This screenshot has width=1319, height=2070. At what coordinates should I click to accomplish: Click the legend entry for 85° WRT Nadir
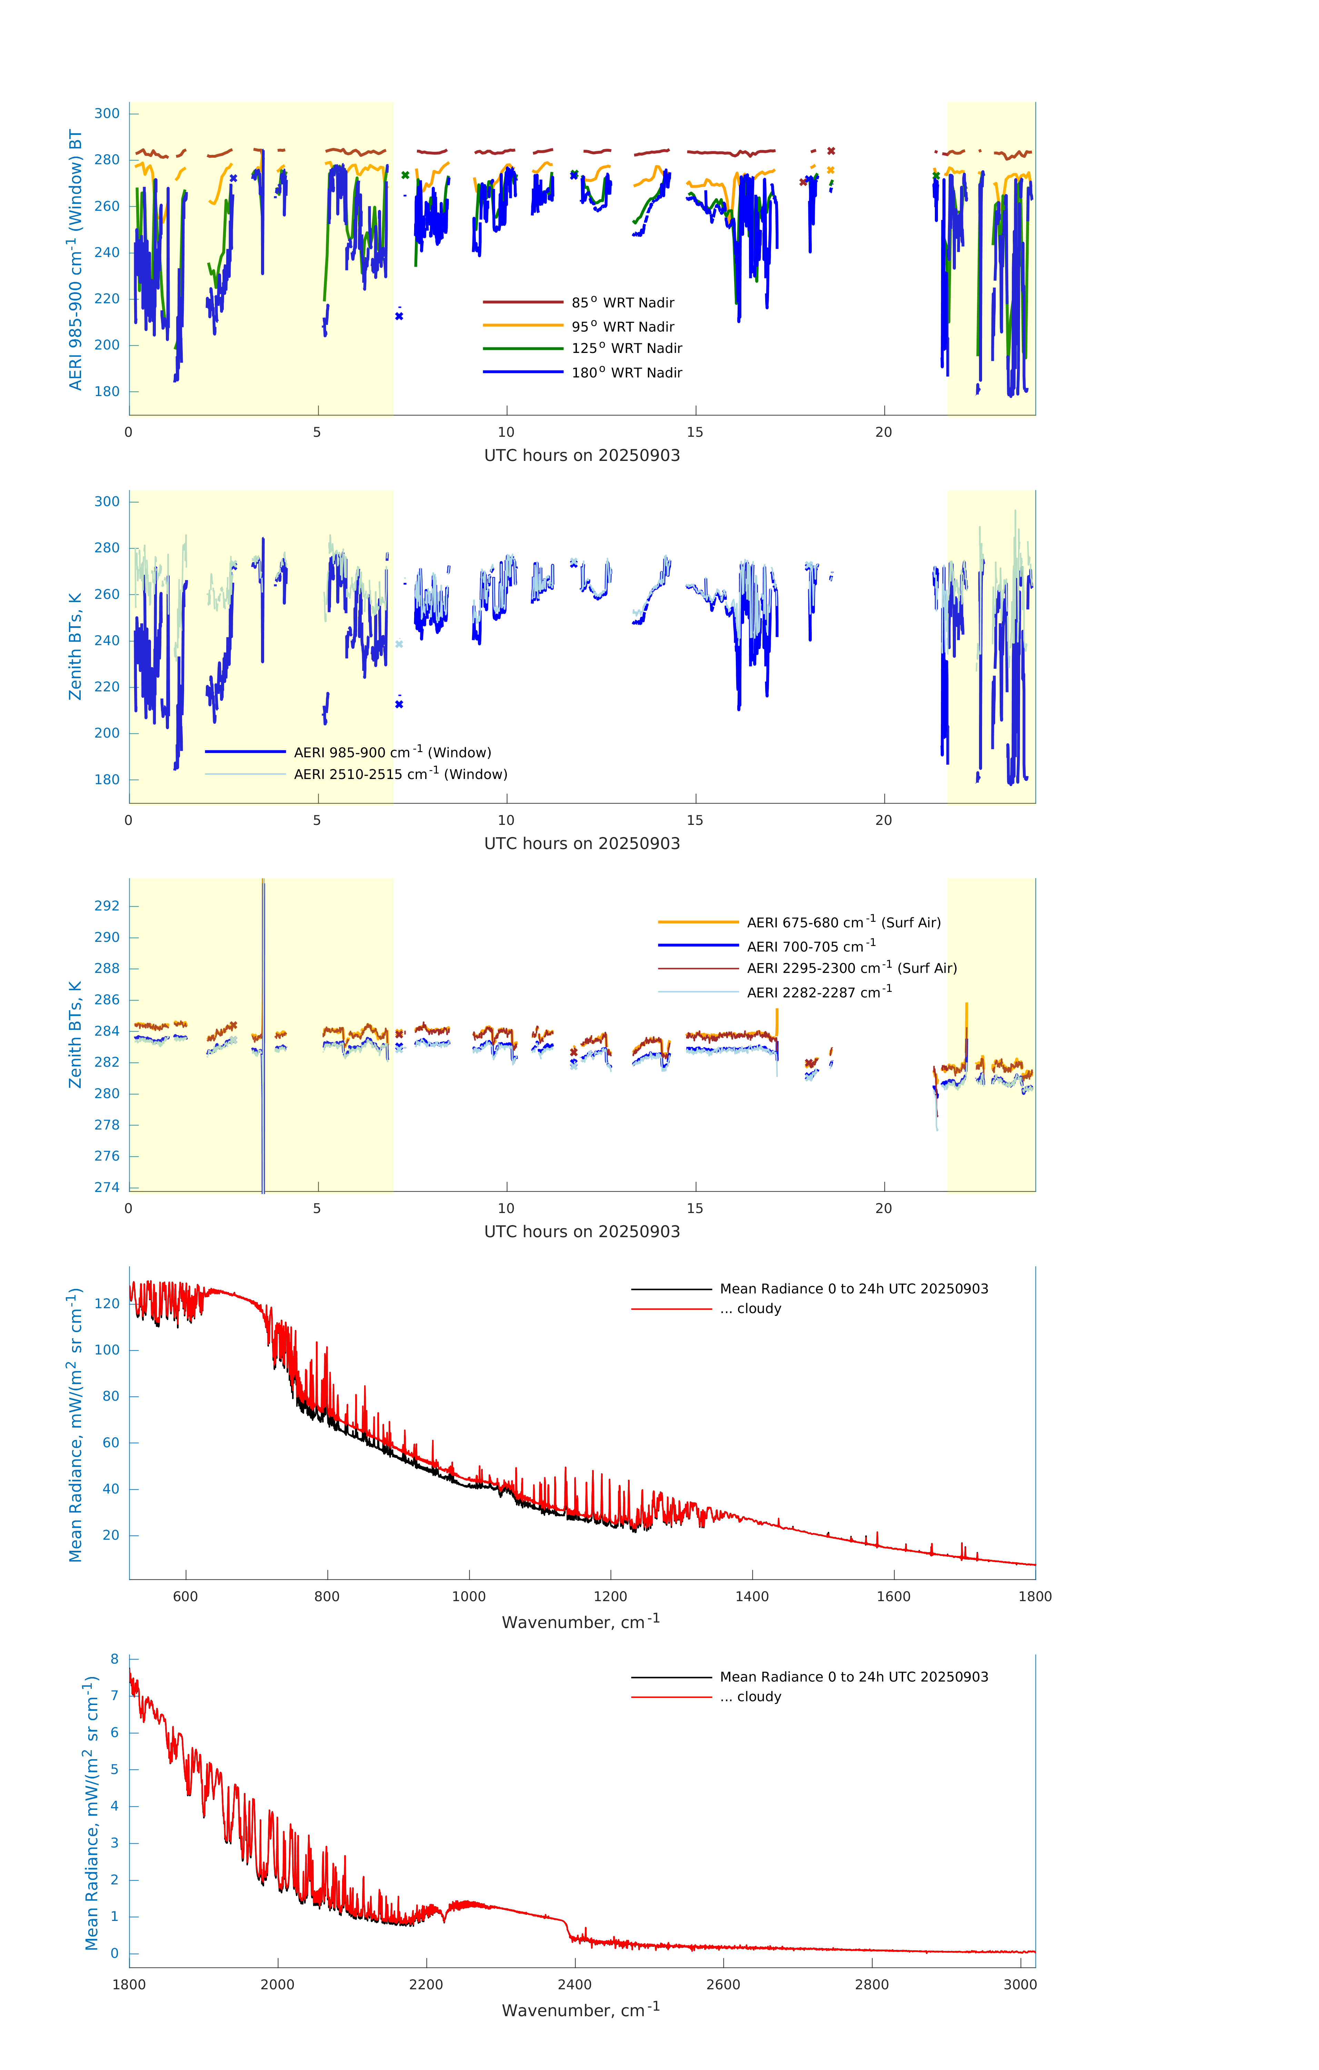[622, 303]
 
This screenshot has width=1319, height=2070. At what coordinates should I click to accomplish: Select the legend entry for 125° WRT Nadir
[627, 348]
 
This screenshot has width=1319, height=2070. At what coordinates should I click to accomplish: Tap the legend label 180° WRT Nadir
[627, 372]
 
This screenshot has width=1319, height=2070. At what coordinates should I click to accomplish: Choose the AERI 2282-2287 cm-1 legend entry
[819, 992]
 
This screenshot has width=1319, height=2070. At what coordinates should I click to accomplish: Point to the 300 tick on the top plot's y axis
[107, 114]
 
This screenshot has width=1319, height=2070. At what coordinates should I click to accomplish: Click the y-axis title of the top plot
[76, 259]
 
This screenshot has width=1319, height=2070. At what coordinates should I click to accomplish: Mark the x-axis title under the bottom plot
[581, 2010]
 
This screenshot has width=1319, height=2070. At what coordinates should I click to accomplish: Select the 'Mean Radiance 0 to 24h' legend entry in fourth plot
[853, 1289]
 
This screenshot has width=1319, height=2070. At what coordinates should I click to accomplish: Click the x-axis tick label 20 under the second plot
[883, 820]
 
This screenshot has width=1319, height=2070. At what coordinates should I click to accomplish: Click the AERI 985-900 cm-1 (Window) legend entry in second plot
[392, 752]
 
